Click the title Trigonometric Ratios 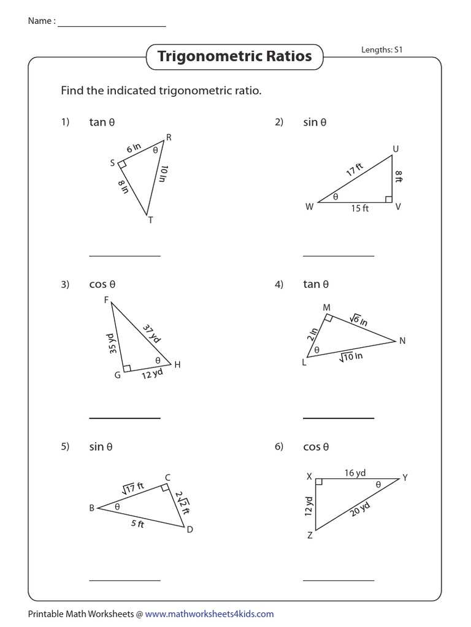(x=235, y=57)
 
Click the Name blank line (x=112, y=26)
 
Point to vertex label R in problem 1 (x=169, y=138)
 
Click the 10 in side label (x=163, y=174)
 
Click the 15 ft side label (x=359, y=208)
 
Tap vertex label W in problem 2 (x=309, y=207)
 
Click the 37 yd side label (x=152, y=334)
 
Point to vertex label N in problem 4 (x=402, y=341)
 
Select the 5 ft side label (x=137, y=524)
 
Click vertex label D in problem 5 (x=190, y=530)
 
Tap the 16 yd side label (x=354, y=473)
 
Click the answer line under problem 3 (x=124, y=418)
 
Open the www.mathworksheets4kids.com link (x=209, y=614)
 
